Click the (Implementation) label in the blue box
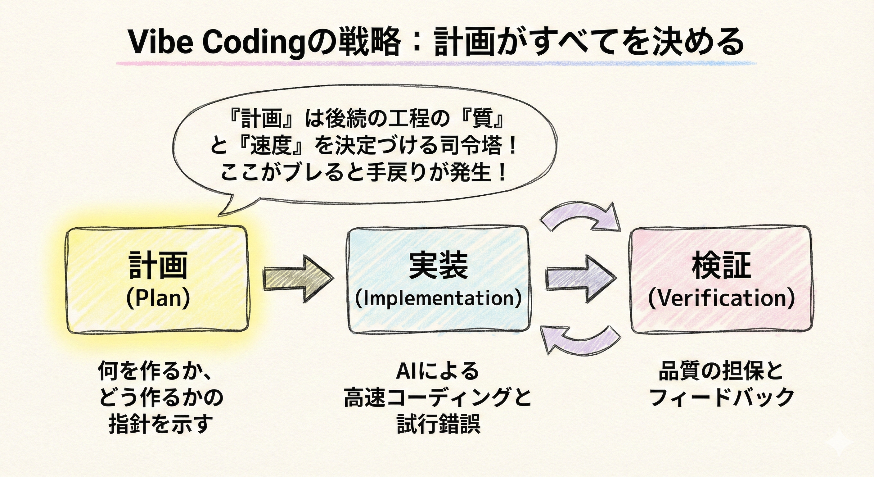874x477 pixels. pos(438,298)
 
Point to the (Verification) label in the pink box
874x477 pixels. pos(721,298)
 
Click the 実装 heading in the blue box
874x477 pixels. pos(438,266)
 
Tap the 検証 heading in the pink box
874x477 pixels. pos(721,266)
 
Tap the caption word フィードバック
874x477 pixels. pos(721,397)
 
